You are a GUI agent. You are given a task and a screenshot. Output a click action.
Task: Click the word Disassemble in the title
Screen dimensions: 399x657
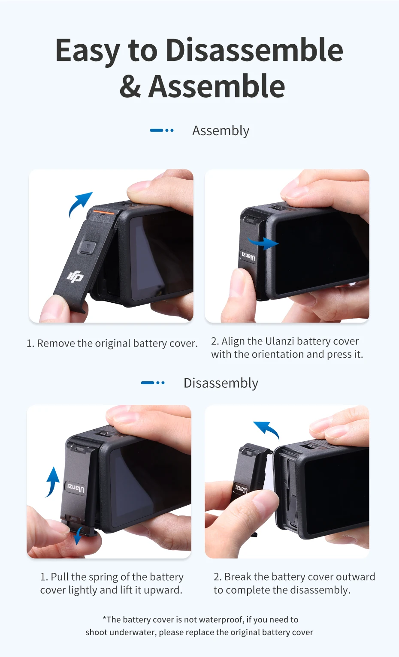pyautogui.click(x=254, y=50)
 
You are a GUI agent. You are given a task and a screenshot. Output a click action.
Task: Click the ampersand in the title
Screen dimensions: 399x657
pyautogui.click(x=130, y=87)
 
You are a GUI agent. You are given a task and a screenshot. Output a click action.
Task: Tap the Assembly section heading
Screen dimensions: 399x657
pyautogui.click(x=221, y=131)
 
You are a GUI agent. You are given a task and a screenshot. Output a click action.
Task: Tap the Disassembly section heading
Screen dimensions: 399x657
pyautogui.click(x=221, y=383)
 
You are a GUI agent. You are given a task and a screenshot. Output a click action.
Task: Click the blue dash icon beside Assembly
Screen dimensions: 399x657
pyautogui.click(x=162, y=130)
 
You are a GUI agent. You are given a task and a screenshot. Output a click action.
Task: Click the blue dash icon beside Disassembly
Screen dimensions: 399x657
pyautogui.click(x=153, y=383)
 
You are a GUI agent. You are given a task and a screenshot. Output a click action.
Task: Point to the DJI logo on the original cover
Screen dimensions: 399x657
pyautogui.click(x=76, y=277)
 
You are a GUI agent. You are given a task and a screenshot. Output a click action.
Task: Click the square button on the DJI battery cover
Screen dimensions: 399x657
pyautogui.click(x=87, y=247)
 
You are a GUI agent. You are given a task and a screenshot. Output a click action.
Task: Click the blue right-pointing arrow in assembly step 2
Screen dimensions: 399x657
pyautogui.click(x=263, y=243)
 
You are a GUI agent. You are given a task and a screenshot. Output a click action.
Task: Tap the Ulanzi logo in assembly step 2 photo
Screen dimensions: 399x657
pyautogui.click(x=248, y=256)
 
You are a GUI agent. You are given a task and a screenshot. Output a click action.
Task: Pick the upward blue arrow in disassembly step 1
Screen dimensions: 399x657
pyautogui.click(x=52, y=482)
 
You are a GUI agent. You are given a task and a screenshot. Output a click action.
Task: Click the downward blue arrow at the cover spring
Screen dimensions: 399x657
pyautogui.click(x=78, y=535)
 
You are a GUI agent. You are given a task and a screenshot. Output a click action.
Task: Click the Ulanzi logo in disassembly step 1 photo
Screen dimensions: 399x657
pyautogui.click(x=76, y=488)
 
